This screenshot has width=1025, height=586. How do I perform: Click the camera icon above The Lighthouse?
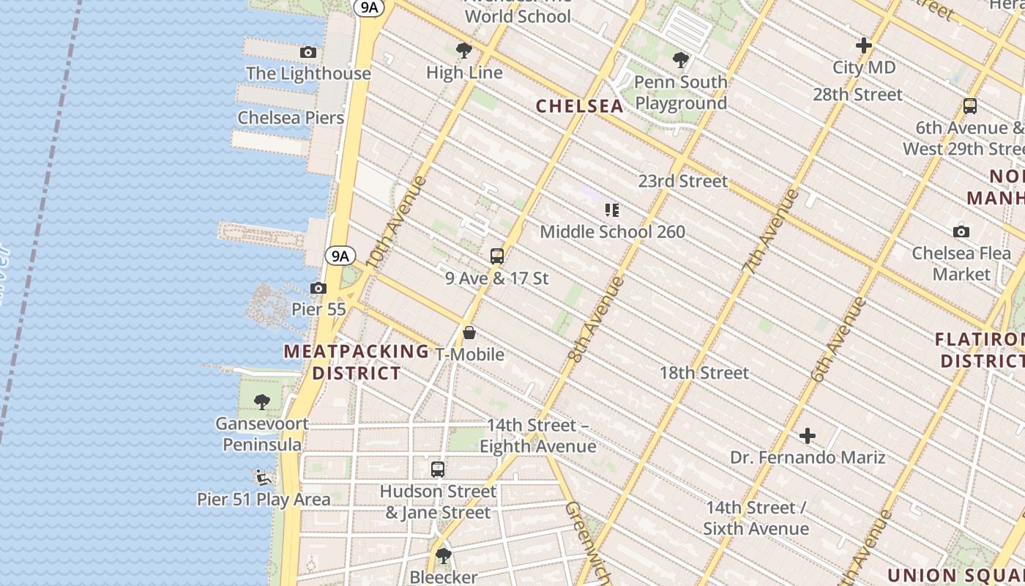point(308,52)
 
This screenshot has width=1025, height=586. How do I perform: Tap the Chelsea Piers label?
point(291,117)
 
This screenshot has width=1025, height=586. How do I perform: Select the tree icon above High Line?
point(463,51)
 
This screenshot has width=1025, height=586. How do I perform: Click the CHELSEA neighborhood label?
point(580,106)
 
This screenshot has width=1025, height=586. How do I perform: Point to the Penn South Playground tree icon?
point(681,60)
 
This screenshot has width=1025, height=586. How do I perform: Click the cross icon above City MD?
point(864,45)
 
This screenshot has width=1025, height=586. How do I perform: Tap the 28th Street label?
point(857,94)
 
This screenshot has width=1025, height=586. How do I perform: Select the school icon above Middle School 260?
point(612,211)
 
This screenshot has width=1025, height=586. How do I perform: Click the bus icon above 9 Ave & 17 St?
point(497,256)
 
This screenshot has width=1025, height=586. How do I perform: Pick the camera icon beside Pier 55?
point(318,288)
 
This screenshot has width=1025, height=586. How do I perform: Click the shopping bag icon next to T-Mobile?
point(469,333)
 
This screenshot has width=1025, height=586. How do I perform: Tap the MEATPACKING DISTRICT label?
point(357,362)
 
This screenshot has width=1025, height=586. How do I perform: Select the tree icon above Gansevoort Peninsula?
point(262,402)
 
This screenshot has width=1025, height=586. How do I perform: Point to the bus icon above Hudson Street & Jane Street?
point(438,470)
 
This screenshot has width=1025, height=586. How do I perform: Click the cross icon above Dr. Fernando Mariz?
point(808,437)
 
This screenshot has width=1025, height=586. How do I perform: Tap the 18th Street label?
point(704,373)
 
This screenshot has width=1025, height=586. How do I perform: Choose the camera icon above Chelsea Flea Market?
point(961,231)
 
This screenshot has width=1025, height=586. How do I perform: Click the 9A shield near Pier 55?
point(340,256)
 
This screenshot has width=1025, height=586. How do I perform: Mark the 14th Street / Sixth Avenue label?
point(756,518)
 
